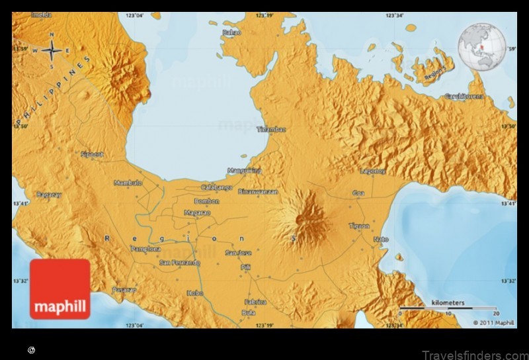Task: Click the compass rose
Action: point(52,50)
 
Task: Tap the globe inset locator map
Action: point(482,46)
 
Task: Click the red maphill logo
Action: point(60,289)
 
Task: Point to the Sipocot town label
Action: point(92,154)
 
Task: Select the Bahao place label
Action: point(232,31)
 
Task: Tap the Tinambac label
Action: point(271,130)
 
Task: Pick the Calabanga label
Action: point(216,187)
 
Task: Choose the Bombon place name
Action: point(206,201)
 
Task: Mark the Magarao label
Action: point(197,213)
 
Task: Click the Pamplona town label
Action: point(145,249)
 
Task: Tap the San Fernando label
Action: point(179,263)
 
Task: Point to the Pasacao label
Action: point(124,289)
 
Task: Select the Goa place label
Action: point(359,193)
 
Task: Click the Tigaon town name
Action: point(359,226)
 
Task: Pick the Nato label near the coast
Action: point(381,239)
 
